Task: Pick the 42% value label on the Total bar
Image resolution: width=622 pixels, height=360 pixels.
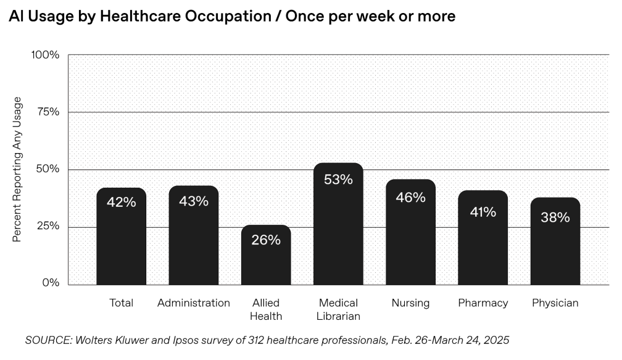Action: click(121, 202)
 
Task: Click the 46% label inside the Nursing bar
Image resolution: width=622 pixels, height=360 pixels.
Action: click(410, 198)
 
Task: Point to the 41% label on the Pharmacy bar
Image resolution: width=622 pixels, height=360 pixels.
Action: click(483, 212)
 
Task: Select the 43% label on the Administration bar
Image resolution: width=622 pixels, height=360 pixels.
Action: click(194, 201)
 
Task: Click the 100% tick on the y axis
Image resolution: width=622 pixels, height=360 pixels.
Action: click(45, 55)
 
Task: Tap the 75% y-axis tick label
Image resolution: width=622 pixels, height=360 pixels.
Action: click(48, 112)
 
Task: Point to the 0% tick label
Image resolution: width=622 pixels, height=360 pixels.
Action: click(51, 283)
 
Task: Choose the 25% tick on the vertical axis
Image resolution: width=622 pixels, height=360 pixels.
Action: click(48, 227)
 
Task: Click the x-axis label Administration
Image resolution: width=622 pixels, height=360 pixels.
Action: click(194, 303)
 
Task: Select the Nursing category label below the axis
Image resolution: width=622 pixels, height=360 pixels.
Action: click(410, 303)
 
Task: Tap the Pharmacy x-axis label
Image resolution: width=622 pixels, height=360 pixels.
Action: click(483, 303)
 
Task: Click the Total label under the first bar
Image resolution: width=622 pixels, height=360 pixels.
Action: click(121, 303)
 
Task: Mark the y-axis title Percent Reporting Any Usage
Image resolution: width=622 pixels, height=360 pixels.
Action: click(17, 169)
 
